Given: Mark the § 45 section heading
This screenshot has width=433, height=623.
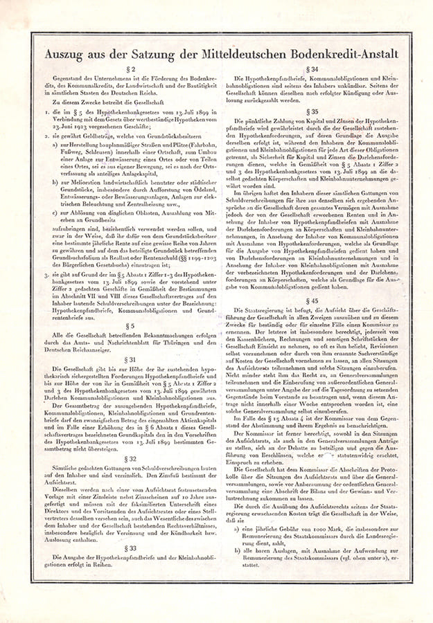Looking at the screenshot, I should point(315,301).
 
